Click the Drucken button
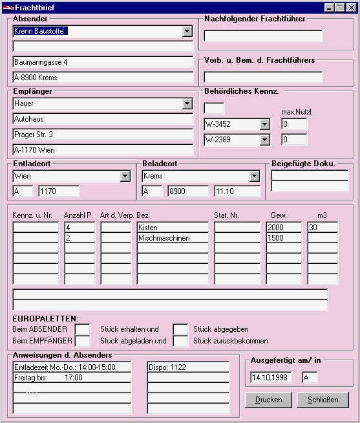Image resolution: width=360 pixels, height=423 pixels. pos(268,400)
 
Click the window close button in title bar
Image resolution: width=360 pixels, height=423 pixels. pos(350,7)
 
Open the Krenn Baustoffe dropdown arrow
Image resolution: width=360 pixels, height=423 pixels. pos(187,31)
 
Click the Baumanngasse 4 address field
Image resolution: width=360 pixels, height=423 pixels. pos(103,62)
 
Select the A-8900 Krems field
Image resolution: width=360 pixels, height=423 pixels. pos(103,78)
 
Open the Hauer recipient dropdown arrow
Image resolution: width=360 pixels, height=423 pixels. pos(187,103)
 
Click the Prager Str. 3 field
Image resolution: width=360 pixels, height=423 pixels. pos(103,135)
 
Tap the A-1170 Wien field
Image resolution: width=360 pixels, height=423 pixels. pos(103,150)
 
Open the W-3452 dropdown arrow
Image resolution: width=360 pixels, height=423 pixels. pos(264,124)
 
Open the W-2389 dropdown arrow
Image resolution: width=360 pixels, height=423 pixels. pos(264,140)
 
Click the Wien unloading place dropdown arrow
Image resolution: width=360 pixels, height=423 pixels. pos(125,176)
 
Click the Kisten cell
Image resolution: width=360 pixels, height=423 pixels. pos(172,228)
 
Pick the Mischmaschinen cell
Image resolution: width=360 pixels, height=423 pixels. pos(172,238)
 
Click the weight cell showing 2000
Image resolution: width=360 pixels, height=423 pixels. pos(284,228)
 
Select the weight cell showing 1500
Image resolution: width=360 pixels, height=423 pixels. pos(284,238)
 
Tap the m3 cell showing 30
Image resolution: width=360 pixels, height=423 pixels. pos(323,228)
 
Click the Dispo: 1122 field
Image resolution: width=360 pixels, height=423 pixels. pos(188,367)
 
